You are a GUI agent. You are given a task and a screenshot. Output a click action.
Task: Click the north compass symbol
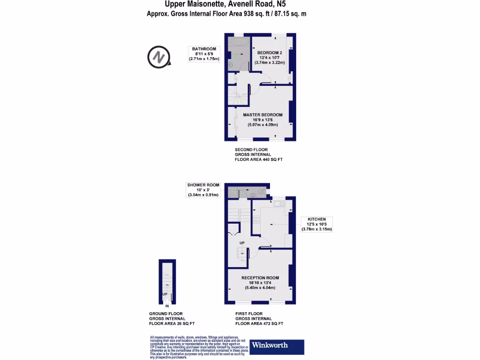pyautogui.click(x=158, y=57)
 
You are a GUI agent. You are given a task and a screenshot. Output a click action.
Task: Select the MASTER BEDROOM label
pyautogui.click(x=262, y=115)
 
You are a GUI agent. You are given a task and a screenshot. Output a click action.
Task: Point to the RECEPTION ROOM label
pyautogui.click(x=260, y=278)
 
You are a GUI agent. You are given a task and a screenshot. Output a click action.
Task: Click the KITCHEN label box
pyautogui.click(x=316, y=224)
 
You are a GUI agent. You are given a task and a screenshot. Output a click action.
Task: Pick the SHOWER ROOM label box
pyautogui.click(x=203, y=190)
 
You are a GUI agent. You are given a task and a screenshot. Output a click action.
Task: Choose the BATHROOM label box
pyautogui.click(x=204, y=54)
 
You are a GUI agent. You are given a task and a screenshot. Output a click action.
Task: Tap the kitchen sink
pyautogui.click(x=279, y=203)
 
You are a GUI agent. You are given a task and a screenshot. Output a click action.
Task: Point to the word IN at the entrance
pyautogui.click(x=166, y=306)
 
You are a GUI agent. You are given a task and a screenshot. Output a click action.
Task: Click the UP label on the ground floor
pyautogui.click(x=165, y=294)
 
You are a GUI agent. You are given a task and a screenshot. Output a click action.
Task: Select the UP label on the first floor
pyautogui.click(x=242, y=243)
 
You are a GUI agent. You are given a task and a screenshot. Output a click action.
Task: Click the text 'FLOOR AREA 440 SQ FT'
pyautogui.click(x=259, y=160)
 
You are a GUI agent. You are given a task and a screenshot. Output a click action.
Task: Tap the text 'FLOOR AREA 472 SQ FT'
pyautogui.click(x=259, y=324)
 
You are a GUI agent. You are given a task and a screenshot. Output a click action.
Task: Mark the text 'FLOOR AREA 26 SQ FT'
pyautogui.click(x=172, y=324)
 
